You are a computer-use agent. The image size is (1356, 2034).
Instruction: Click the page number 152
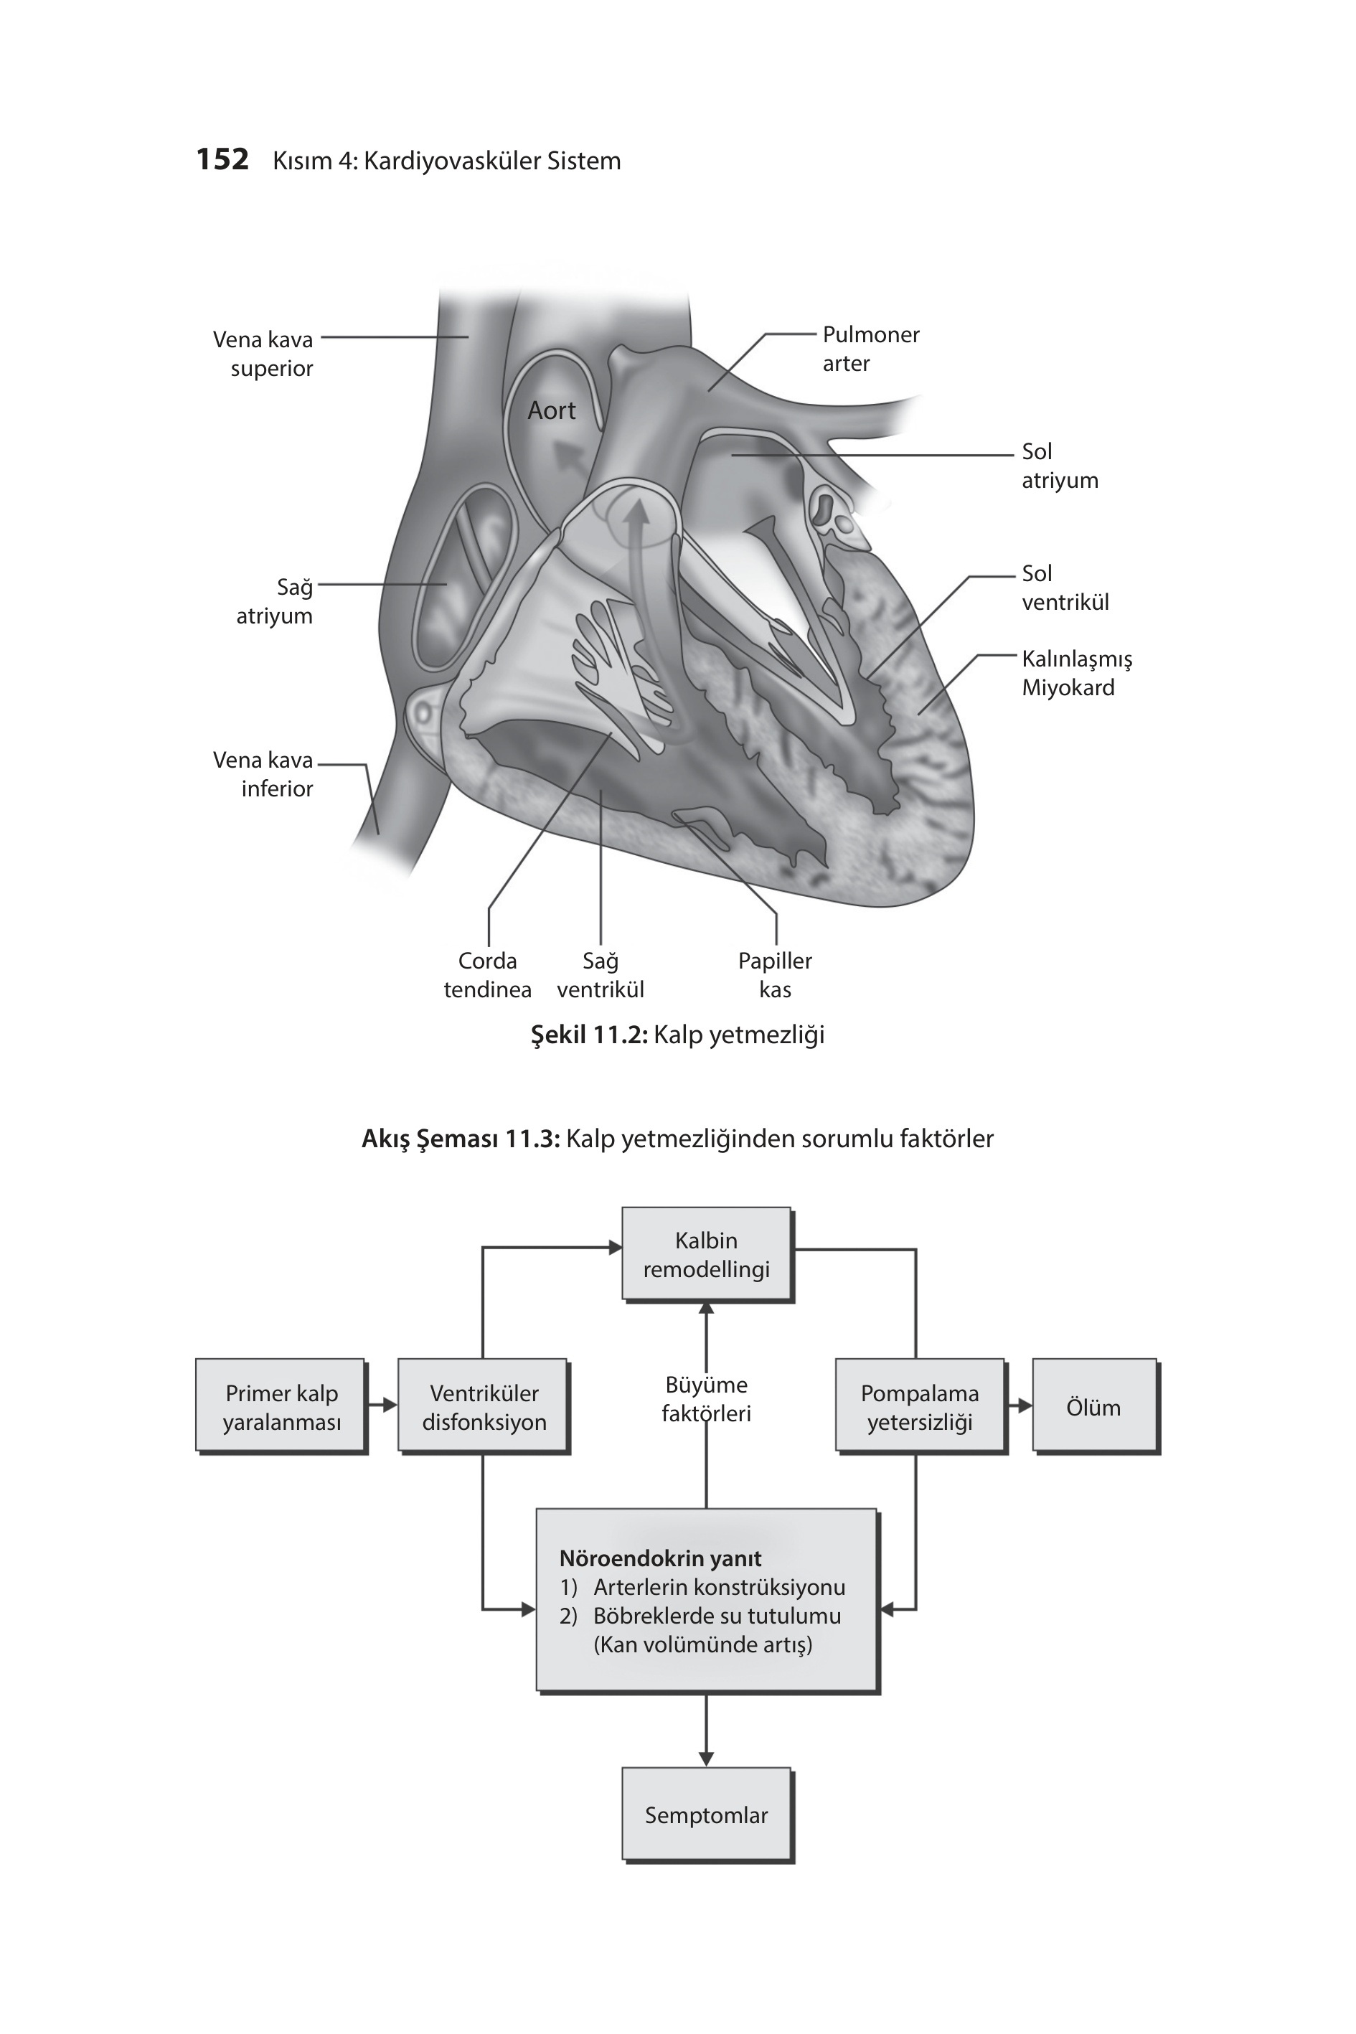[x=222, y=160]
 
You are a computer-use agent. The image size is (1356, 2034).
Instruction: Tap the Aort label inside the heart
[x=552, y=411]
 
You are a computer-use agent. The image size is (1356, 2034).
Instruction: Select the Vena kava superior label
[x=263, y=354]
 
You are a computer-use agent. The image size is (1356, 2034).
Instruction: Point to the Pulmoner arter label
[x=871, y=349]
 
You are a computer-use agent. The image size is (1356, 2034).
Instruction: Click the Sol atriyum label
[x=1060, y=465]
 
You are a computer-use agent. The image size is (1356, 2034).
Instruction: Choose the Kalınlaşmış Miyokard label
[x=1077, y=673]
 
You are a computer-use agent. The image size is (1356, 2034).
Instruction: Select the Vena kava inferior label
[x=263, y=774]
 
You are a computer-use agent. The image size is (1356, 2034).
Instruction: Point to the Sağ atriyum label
[x=274, y=601]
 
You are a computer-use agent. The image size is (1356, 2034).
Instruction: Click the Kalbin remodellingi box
[x=707, y=1255]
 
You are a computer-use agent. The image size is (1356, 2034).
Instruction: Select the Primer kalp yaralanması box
[x=281, y=1407]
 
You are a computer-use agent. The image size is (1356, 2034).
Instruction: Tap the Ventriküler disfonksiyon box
[x=484, y=1407]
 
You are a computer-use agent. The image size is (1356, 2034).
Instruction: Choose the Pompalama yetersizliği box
[x=920, y=1407]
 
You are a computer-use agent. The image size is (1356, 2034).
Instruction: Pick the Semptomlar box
[x=707, y=1815]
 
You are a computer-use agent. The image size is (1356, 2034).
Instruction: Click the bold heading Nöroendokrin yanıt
[x=660, y=1558]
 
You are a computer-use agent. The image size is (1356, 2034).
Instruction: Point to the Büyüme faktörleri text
[x=707, y=1399]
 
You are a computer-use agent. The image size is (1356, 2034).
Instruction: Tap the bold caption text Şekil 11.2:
[x=589, y=1035]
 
